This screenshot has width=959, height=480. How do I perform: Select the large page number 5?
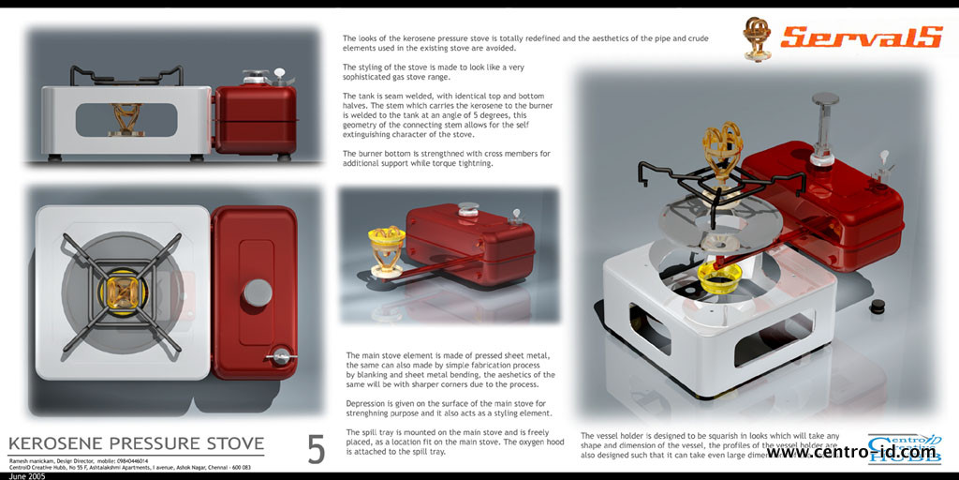[x=317, y=450]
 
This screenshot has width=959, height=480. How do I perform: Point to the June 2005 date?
[x=25, y=475]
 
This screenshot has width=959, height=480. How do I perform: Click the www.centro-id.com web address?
[x=850, y=453]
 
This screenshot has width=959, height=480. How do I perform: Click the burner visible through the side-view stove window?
[x=125, y=117]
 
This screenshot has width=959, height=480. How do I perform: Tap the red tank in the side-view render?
[x=254, y=119]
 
